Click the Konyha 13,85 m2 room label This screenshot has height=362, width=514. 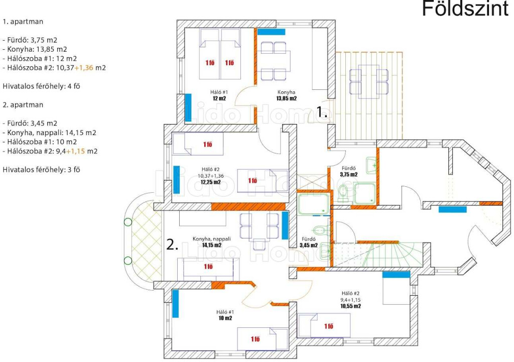pyautogui.click(x=286, y=95)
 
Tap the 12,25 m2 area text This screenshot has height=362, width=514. pyautogui.click(x=210, y=182)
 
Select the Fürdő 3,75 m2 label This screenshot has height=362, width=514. pyautogui.click(x=348, y=172)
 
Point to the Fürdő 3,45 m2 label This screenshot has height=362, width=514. pyautogui.click(x=309, y=242)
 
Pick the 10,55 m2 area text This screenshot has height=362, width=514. pyautogui.click(x=350, y=306)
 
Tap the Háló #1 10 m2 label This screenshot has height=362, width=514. pyautogui.click(x=225, y=315)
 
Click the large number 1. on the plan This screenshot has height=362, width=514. pyautogui.click(x=322, y=112)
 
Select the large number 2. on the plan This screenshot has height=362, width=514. pyautogui.click(x=173, y=245)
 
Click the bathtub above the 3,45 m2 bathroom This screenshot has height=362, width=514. pyautogui.click(x=313, y=204)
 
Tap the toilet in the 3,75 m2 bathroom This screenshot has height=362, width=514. pyautogui.click(x=343, y=193)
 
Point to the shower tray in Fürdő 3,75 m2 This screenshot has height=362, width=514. pyautogui.click(x=364, y=193)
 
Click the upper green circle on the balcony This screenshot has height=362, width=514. pyautogui.click(x=128, y=222)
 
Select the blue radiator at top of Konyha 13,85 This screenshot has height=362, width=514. pyautogui.click(x=271, y=32)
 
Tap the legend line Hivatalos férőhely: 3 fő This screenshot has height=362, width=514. pyautogui.click(x=41, y=170)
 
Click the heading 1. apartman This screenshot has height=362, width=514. pyautogui.click(x=23, y=22)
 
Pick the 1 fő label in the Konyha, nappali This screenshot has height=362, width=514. pyautogui.click(x=208, y=266)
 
